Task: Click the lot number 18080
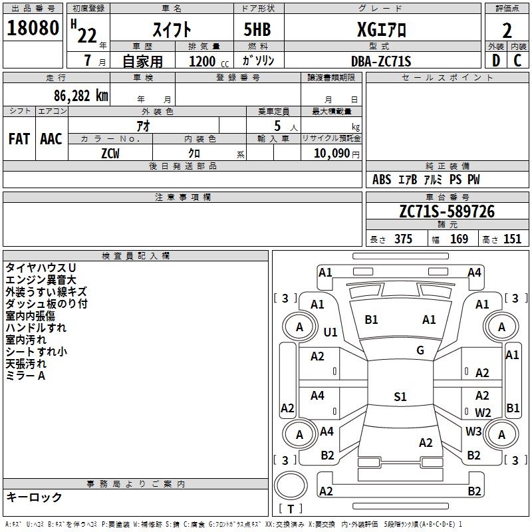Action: (33, 30)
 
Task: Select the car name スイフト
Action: (173, 30)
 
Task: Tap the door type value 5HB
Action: (252, 30)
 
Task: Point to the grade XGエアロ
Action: (381, 30)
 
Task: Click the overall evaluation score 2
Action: (507, 30)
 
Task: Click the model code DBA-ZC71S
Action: (381, 61)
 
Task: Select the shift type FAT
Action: (19, 139)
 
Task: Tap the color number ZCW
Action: (110, 153)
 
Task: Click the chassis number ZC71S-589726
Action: (447, 211)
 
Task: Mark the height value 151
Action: (512, 239)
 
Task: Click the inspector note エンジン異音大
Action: (41, 280)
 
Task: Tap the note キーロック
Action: (34, 497)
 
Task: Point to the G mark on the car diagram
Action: (420, 350)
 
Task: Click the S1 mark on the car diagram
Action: (400, 397)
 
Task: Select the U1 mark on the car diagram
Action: (331, 332)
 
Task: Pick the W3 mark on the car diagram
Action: (473, 431)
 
